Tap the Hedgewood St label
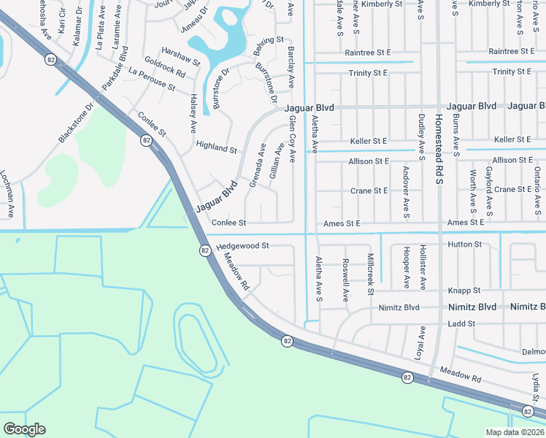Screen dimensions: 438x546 tap(243, 247)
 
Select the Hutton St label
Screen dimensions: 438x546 tap(464, 245)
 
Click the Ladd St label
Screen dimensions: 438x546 tap(461, 323)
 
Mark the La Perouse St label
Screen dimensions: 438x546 tap(152, 80)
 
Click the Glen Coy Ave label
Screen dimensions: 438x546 tap(292, 138)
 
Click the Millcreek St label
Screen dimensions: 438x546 tap(371, 274)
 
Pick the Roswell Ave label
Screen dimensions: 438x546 tap(346, 280)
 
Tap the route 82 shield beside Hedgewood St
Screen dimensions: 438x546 tap(205, 250)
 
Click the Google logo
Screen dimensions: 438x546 tap(24, 429)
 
